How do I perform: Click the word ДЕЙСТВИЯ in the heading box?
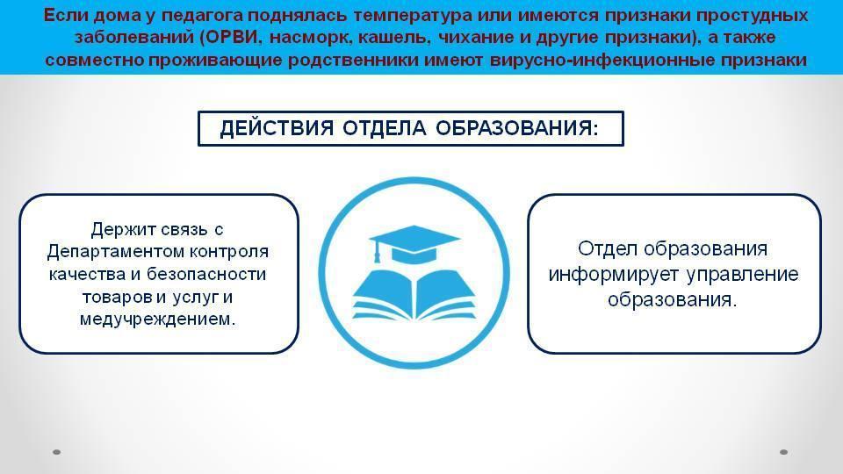[277, 128]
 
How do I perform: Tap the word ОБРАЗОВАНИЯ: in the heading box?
[516, 128]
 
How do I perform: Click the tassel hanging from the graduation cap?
[377, 253]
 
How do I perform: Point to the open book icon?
[414, 293]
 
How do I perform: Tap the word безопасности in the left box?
[206, 274]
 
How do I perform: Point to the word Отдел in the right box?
[608, 248]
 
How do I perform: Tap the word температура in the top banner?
[406, 15]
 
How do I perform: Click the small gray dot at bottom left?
[57, 452]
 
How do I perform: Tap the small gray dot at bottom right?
[784, 452]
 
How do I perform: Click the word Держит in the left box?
[122, 229]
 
